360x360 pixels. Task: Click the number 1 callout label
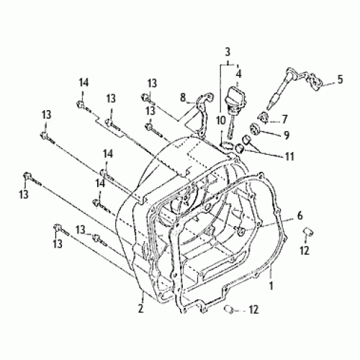[271, 285]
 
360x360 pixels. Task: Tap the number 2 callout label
[141, 309]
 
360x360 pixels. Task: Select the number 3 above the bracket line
[228, 52]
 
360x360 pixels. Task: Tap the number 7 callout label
[284, 119]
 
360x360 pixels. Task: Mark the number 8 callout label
[183, 96]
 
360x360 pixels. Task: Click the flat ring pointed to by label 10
[229, 145]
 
